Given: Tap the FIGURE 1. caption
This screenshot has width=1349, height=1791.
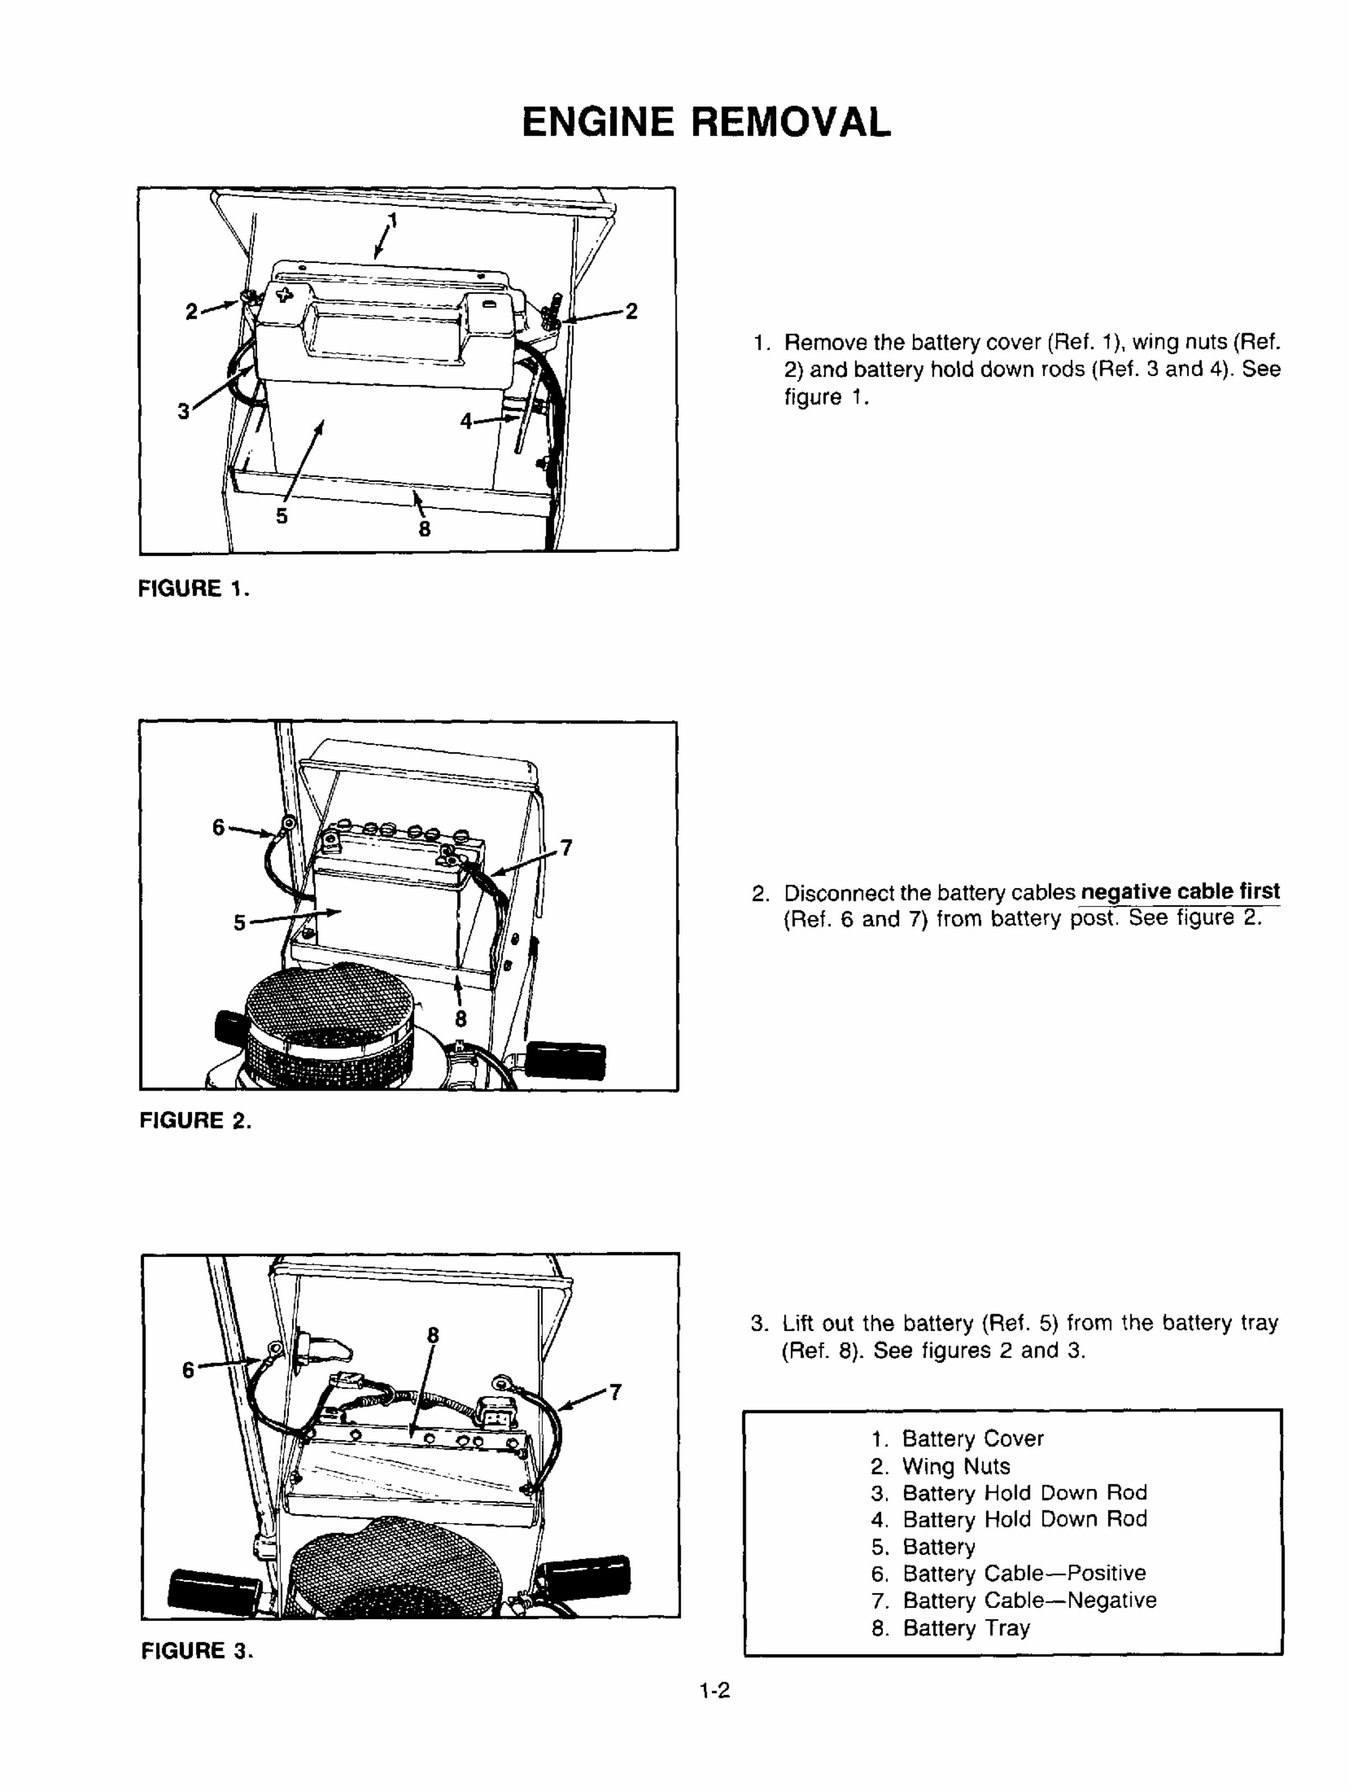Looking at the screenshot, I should [193, 589].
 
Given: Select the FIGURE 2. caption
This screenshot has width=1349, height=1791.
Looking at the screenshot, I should [195, 1121].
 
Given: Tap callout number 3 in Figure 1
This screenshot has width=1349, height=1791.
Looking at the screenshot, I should [184, 411].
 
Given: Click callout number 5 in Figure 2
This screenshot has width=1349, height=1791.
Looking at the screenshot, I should [240, 922].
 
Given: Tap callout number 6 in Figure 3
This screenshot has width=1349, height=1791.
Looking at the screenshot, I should [188, 1370].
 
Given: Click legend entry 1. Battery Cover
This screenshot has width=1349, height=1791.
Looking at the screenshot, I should [958, 1439].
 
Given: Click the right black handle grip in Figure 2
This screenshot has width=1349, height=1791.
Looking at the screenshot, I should [567, 1060].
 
